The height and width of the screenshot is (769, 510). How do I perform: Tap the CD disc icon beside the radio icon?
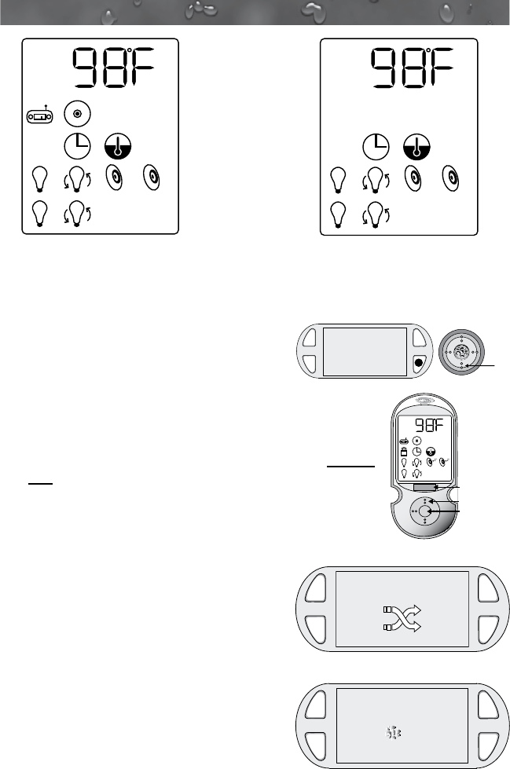76,114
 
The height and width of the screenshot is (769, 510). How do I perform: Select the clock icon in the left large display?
77,145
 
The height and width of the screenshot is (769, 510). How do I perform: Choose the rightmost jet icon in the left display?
150,178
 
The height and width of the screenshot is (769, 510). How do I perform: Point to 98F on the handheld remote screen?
431,427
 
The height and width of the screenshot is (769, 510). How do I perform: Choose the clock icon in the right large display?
376,145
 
